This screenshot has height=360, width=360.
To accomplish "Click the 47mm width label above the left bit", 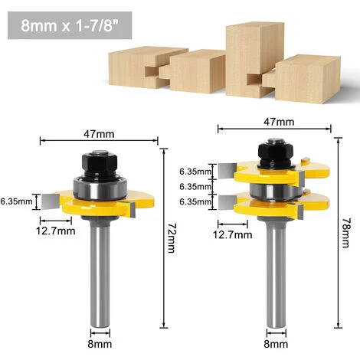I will (x=100, y=133).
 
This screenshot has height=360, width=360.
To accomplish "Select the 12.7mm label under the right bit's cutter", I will (x=233, y=235).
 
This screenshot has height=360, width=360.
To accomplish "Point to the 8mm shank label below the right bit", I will (x=277, y=344).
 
